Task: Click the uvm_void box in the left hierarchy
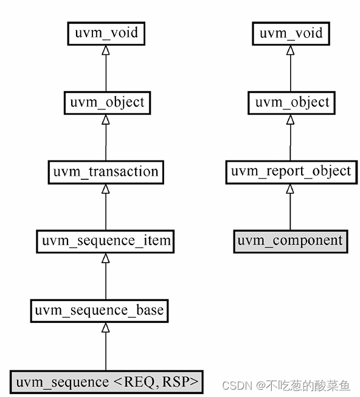106,33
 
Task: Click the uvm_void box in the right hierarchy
290,33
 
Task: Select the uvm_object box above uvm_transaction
106,102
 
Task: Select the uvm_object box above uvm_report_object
290,102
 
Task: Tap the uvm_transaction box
106,171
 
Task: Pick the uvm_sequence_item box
106,241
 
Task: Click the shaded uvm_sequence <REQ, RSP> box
106,381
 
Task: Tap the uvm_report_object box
290,171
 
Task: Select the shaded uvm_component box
290,241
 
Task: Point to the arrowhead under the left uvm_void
106,50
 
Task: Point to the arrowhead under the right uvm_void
290,50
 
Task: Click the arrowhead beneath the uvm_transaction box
106,189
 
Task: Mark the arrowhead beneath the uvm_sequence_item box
106,258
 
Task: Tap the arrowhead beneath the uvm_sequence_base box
106,328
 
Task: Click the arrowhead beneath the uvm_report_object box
290,189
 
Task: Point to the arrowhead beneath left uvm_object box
106,120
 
